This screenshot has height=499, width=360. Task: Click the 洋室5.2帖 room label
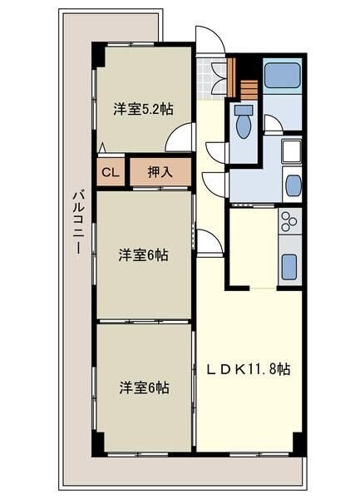[x=142, y=107]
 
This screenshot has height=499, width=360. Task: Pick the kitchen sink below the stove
[x=288, y=267]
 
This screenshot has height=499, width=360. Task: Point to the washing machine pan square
[x=292, y=152]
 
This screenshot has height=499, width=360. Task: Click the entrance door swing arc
[x=207, y=40]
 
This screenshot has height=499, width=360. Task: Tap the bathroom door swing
[x=274, y=125]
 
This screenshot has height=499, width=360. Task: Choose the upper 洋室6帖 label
[x=142, y=255]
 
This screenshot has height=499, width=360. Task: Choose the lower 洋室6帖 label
[x=142, y=387]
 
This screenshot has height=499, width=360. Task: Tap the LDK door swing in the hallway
[x=210, y=242]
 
